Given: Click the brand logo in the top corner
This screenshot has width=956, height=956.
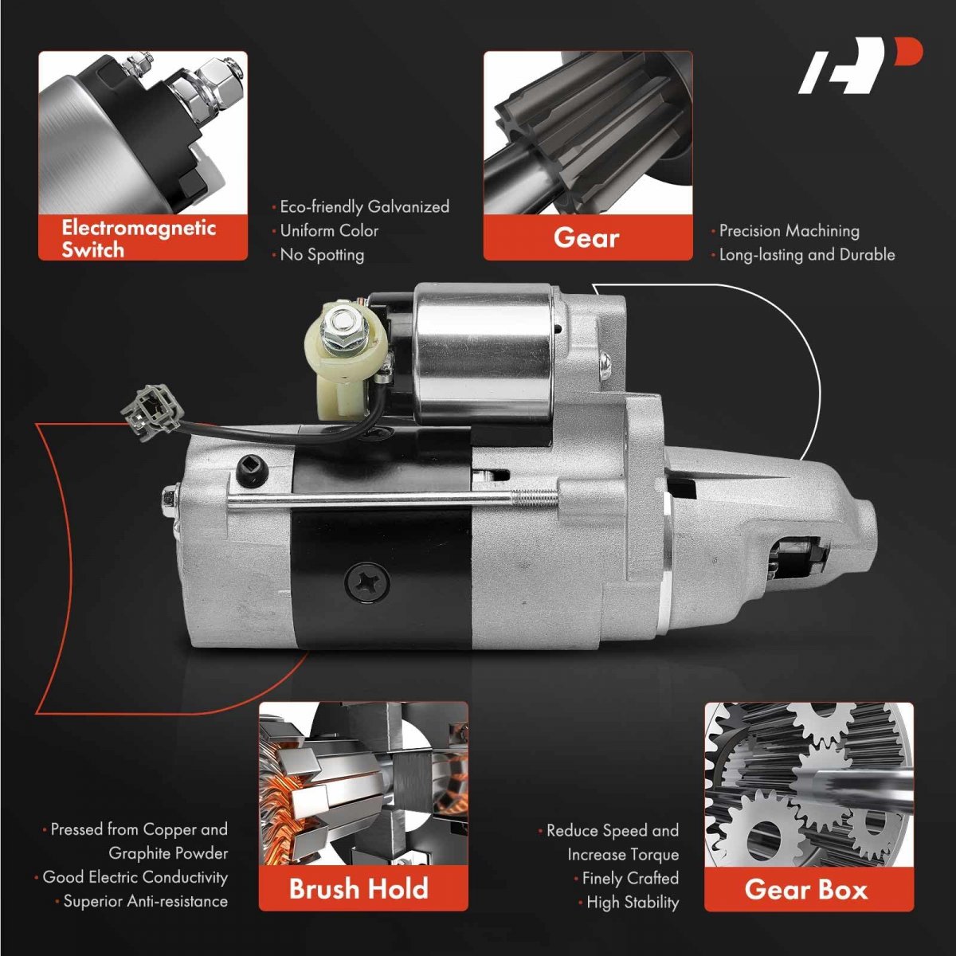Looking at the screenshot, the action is (860, 66).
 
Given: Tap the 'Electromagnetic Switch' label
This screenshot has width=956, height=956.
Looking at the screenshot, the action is (139, 239).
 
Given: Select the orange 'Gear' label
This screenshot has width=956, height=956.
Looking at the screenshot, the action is (586, 237).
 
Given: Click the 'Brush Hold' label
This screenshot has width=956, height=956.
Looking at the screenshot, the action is (358, 888).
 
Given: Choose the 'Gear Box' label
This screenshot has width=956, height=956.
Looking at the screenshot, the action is (806, 890).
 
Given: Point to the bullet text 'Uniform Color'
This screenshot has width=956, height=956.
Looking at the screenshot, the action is (329, 231).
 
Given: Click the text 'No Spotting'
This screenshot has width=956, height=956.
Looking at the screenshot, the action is (322, 255).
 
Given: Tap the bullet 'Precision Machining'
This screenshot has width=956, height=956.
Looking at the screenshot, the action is (789, 231).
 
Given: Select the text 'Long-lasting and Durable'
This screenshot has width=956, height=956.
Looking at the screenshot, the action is (807, 255).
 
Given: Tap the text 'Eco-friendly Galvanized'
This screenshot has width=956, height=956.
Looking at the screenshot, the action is (365, 207).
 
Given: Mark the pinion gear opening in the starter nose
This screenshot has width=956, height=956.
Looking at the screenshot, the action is (797, 556).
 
